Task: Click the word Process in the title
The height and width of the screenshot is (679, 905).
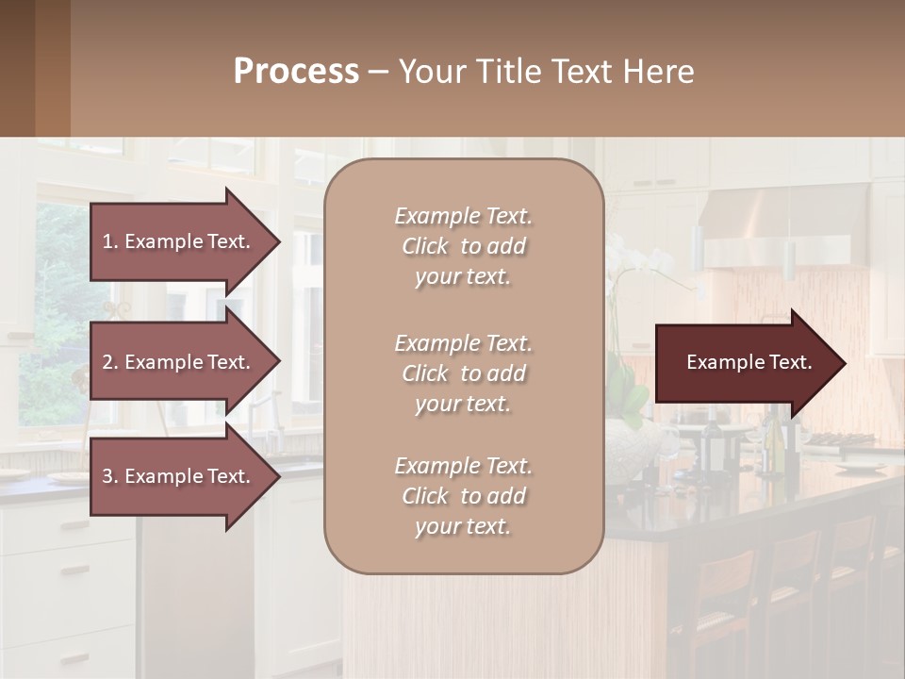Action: click(296, 72)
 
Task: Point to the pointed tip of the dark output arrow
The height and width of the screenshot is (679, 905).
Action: click(844, 363)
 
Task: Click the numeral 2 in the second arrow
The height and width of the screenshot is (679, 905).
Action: click(107, 362)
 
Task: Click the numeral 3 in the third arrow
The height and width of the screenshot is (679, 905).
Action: click(107, 476)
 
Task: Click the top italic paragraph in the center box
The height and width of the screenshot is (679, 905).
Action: click(463, 246)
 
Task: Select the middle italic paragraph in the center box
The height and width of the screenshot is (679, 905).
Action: click(463, 373)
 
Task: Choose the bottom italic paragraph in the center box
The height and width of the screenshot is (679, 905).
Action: click(463, 496)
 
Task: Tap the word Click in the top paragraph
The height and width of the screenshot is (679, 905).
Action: click(425, 246)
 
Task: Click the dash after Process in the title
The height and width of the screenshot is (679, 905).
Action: click(379, 73)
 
